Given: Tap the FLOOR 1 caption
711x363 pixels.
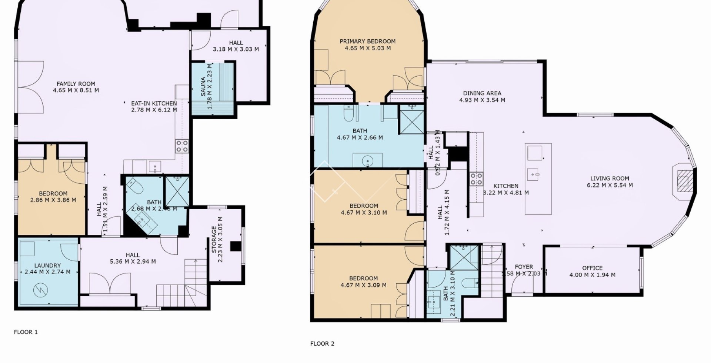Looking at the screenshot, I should tap(26, 332).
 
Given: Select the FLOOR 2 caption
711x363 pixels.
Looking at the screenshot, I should tap(322, 343).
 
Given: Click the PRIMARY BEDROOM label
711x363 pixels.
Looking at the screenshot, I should tap(367, 41).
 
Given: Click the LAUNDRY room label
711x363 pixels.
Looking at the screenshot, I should tap(47, 266).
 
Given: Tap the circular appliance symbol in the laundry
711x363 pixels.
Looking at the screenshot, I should tap(40, 290).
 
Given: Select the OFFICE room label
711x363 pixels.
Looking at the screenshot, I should tap(592, 268).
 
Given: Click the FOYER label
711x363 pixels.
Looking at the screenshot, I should tap(524, 267).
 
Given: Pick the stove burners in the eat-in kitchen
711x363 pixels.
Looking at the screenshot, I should tap(182, 146).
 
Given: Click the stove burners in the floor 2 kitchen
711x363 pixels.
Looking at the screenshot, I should tap(476, 179).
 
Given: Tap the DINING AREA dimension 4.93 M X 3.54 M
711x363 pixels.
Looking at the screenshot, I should tap(482, 100).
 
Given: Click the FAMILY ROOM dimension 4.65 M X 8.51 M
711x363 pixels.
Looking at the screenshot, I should tap(76, 90).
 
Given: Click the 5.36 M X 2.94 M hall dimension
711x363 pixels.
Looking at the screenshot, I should tap(133, 262).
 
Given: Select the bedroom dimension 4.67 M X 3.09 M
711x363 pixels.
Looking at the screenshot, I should tap(363, 285).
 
